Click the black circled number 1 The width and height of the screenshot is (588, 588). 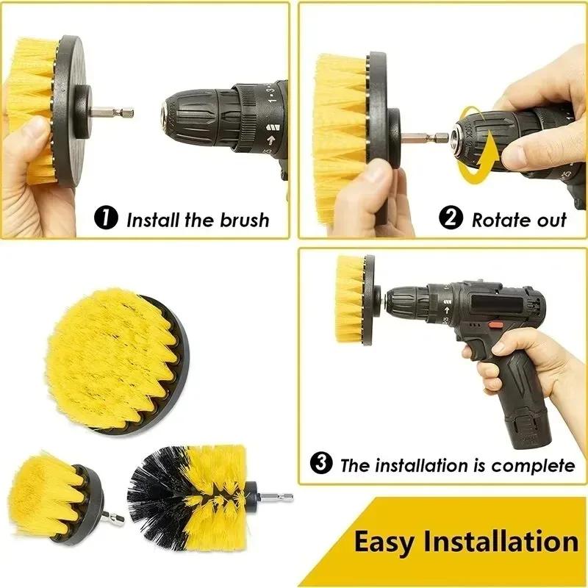pos(107,218)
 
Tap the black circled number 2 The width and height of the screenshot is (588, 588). pos(451,218)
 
